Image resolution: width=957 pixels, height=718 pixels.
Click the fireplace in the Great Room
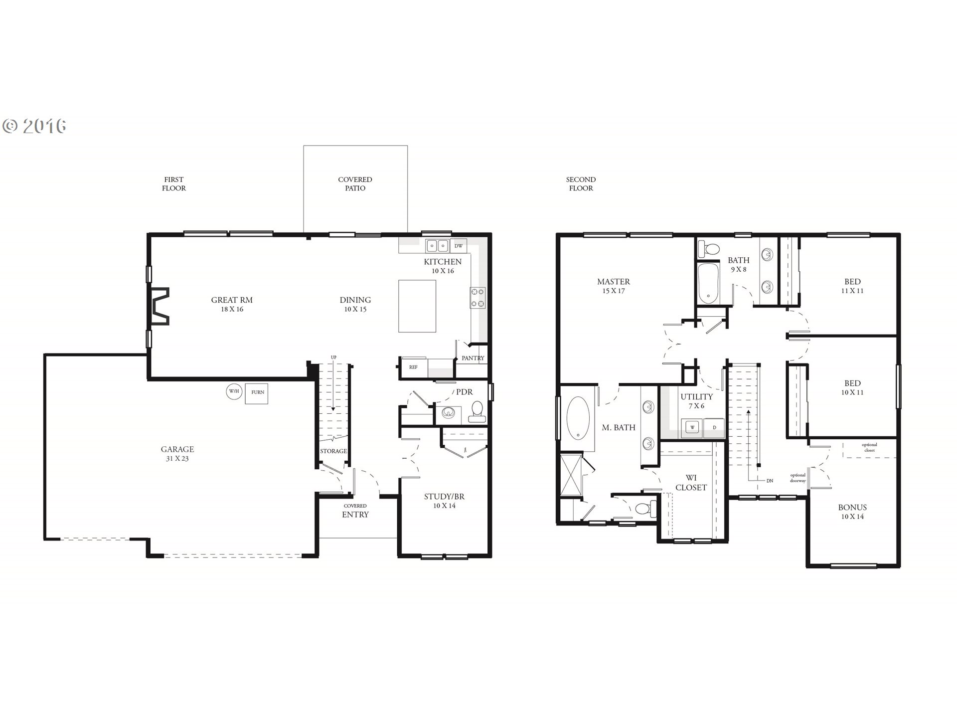159,306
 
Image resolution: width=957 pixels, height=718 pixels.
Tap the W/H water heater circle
233,391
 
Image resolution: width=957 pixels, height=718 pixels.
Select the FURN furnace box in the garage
257,392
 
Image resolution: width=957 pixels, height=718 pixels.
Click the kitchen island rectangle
417,306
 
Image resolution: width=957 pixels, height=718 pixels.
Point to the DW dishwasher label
459,246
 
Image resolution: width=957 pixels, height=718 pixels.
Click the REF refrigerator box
413,367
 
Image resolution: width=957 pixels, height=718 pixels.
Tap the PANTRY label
473,358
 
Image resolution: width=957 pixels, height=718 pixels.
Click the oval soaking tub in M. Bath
578,418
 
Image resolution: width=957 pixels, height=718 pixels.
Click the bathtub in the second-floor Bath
708,283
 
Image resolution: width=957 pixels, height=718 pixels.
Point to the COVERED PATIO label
355,183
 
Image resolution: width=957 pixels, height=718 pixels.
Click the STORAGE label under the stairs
333,451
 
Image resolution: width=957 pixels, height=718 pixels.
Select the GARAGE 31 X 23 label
177,454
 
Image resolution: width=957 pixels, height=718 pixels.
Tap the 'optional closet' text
869,448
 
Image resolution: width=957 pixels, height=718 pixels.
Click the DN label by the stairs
770,481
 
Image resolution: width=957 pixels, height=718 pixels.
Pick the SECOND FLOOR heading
581,183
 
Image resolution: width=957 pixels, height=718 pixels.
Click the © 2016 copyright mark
34,126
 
